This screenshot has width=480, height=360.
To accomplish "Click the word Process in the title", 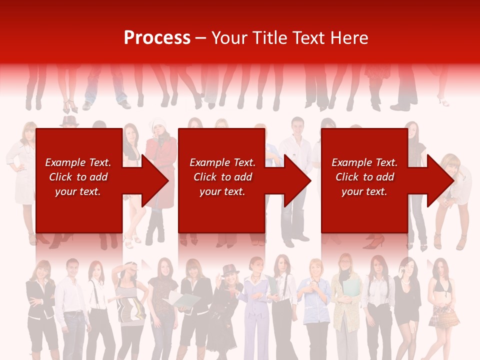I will pyautogui.click(x=157, y=38).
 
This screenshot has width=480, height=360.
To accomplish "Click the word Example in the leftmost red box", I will pyautogui.click(x=65, y=162).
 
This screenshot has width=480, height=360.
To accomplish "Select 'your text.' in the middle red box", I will pyautogui.click(x=222, y=191).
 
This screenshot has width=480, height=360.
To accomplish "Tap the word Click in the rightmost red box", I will pyautogui.click(x=347, y=177).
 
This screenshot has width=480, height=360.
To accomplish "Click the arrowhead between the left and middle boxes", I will pyautogui.click(x=154, y=180).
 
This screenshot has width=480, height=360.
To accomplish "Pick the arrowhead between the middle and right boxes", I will pyautogui.click(x=297, y=180).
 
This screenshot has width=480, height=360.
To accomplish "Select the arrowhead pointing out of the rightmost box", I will pyautogui.click(x=440, y=180).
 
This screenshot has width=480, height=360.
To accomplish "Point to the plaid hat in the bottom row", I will pyautogui.click(x=230, y=269).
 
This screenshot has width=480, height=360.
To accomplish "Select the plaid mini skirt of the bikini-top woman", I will pyautogui.click(x=444, y=315).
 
